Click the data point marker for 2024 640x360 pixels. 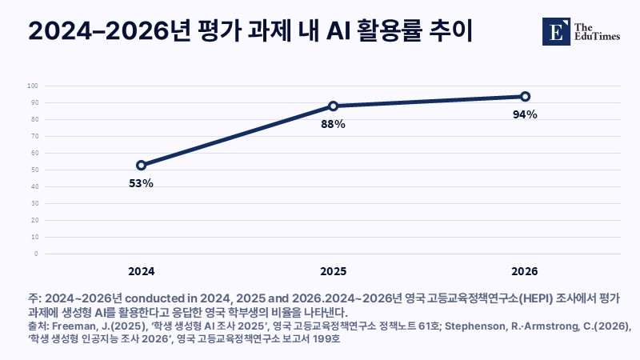(x=142, y=166)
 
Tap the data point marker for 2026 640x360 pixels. (x=526, y=96)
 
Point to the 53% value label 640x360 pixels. (x=142, y=184)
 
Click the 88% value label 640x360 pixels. (x=333, y=124)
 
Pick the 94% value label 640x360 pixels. (x=525, y=114)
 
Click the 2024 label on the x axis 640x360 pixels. (x=142, y=271)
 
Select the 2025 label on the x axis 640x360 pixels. (x=333, y=271)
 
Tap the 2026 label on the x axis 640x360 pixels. (x=525, y=271)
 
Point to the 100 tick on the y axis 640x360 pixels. (x=33, y=86)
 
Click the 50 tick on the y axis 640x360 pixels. (x=34, y=170)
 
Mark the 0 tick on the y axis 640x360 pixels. (x=36, y=254)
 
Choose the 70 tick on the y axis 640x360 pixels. (x=34, y=136)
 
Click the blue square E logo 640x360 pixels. (x=556, y=31)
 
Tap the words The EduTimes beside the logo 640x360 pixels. (x=597, y=32)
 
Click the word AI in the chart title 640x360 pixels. (x=338, y=31)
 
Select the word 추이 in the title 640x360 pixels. (x=451, y=31)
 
